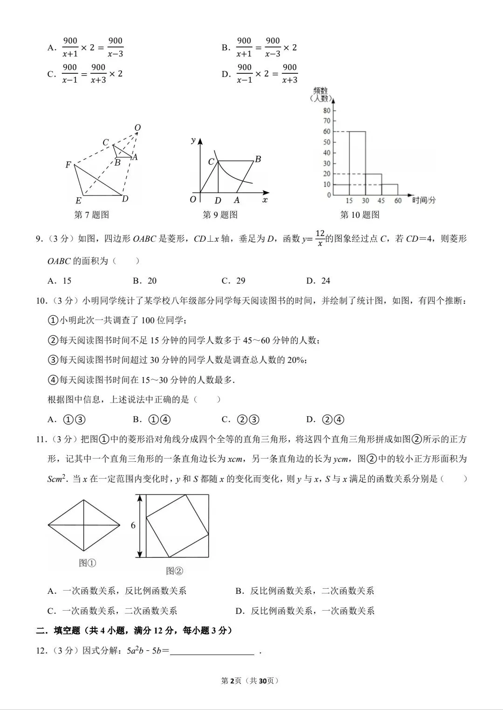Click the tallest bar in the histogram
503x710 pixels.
357,163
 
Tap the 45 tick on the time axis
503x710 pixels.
381,201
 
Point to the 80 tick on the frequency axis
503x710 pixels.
326,111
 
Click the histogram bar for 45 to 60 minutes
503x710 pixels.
390,189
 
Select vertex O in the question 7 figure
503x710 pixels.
137,128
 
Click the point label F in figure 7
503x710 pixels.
68,165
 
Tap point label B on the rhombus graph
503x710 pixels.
258,159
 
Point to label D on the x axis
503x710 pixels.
218,201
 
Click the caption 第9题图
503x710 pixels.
220,215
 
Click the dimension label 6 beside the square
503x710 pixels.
133,526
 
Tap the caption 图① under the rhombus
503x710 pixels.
88,563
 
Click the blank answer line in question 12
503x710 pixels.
212,651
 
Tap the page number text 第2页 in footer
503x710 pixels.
231,681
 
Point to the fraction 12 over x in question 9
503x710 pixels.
319,238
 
